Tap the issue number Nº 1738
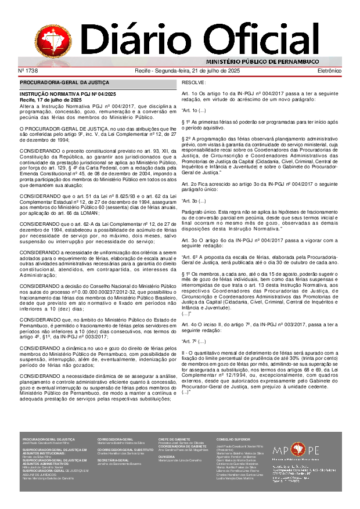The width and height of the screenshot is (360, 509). point(28,70)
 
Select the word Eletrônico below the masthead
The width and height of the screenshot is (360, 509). point(329,70)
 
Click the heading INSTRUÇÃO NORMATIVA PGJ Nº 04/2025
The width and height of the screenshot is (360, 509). point(68,94)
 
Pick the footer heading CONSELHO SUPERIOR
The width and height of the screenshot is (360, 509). point(233,439)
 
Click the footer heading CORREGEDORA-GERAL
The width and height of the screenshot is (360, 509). point(115,439)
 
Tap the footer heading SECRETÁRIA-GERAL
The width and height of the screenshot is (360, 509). point(113,460)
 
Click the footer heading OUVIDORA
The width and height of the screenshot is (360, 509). point(166,456)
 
